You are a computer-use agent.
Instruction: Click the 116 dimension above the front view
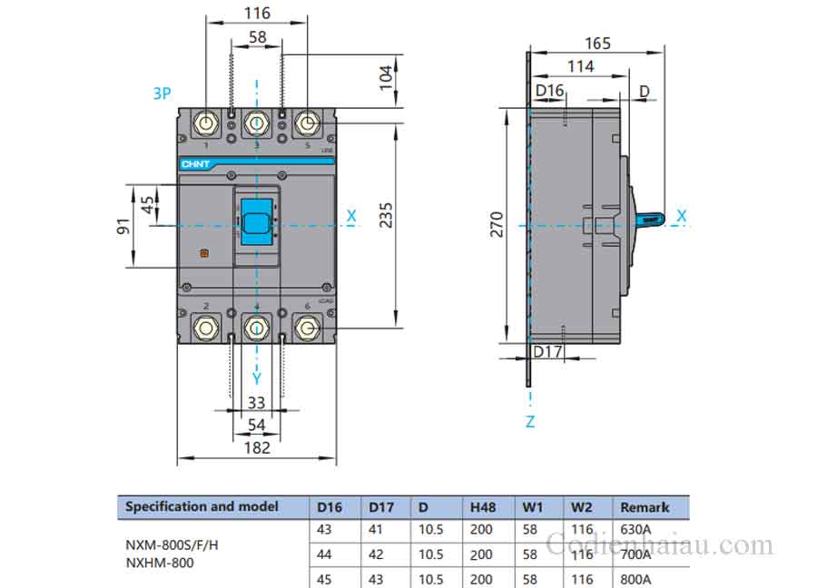pyautogui.click(x=258, y=13)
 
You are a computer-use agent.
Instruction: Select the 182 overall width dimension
pyautogui.click(x=257, y=446)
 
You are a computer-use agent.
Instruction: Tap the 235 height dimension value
pyautogui.click(x=386, y=215)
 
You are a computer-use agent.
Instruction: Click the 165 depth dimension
pyautogui.click(x=597, y=43)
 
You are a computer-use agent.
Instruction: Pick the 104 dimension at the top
pyautogui.click(x=385, y=77)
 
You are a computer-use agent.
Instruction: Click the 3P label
pyautogui.click(x=162, y=93)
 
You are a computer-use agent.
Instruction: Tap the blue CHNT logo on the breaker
pyautogui.click(x=195, y=164)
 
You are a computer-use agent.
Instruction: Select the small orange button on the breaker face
pyautogui.click(x=204, y=255)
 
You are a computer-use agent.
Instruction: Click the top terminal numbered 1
pyautogui.click(x=206, y=124)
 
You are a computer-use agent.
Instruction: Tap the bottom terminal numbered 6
pyautogui.click(x=308, y=327)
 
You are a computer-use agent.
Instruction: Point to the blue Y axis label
pyautogui.click(x=257, y=377)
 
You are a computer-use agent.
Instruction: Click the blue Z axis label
pyautogui.click(x=530, y=421)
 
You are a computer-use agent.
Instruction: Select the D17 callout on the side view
pyautogui.click(x=548, y=351)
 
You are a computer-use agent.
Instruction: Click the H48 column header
pyautogui.click(x=482, y=507)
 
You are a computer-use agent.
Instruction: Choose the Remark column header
pyautogui.click(x=644, y=507)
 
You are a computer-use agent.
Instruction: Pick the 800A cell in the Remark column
pyautogui.click(x=635, y=578)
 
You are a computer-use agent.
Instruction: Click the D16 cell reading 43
pyautogui.click(x=324, y=529)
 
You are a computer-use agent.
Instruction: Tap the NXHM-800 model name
pyautogui.click(x=159, y=563)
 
